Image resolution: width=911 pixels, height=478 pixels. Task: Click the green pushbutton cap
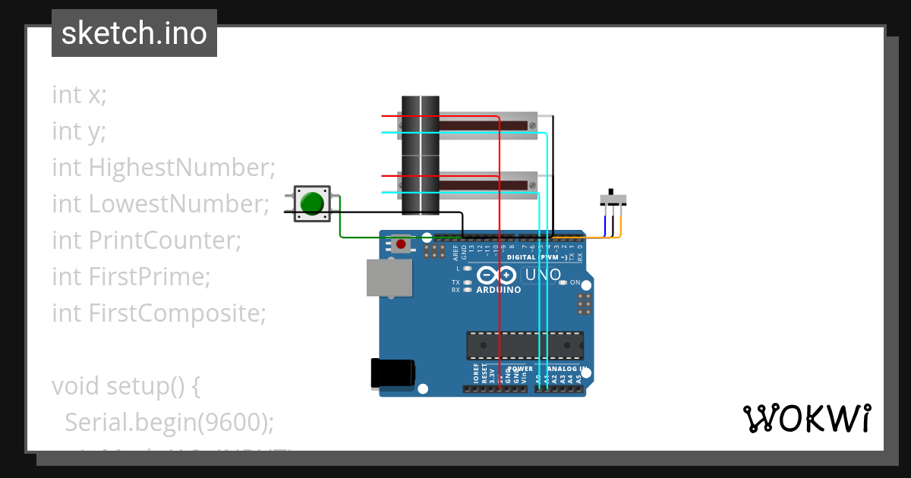coord(312,203)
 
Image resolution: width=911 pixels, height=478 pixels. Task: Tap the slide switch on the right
coord(613,199)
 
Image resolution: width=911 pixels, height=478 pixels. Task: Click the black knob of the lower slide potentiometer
coord(420,184)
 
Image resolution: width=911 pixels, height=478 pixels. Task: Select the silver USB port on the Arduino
coord(389,278)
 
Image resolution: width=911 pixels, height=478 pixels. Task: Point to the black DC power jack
coord(392,373)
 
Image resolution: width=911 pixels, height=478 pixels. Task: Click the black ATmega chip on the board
coord(525,345)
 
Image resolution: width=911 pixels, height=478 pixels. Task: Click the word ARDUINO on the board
coord(499,290)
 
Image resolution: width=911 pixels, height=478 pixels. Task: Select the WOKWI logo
coord(806,419)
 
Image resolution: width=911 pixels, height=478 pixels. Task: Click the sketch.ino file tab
coord(134,33)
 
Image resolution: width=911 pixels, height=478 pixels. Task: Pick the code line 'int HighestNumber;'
coord(163,167)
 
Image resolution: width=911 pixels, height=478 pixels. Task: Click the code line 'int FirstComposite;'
coord(159,313)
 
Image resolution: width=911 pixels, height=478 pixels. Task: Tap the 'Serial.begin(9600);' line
coord(169,422)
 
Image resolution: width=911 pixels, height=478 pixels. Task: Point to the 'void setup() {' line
coord(125,385)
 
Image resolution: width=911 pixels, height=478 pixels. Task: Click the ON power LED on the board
coord(563,283)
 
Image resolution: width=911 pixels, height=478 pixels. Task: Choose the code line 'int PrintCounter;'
coord(146,240)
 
